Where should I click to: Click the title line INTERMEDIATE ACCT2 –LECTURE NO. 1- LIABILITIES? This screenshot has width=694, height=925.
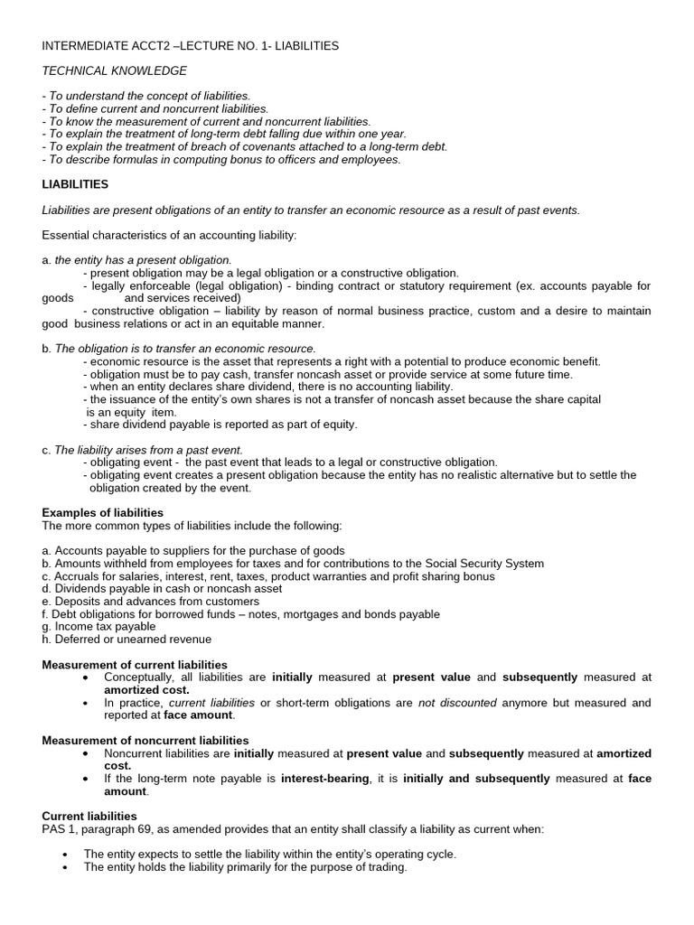pos(191,45)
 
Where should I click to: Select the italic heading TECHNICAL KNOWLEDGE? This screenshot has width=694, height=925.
pos(115,70)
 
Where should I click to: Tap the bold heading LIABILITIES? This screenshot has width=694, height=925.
pos(75,184)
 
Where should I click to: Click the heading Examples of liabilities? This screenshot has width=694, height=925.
pos(103,512)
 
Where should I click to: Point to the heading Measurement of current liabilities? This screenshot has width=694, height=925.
pos(135,665)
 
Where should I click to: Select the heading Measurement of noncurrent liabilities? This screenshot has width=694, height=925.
pos(145,741)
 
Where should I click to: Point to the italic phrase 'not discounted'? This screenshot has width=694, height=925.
pos(456,703)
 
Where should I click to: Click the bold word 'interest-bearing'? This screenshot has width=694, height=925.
pos(324,779)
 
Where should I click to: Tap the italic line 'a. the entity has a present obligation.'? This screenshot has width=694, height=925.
pos(138,260)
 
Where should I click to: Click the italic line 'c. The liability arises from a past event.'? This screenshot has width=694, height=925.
pos(143,449)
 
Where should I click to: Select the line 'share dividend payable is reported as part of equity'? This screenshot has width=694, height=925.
pos(221,424)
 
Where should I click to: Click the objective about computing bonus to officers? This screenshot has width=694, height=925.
pos(221,160)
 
